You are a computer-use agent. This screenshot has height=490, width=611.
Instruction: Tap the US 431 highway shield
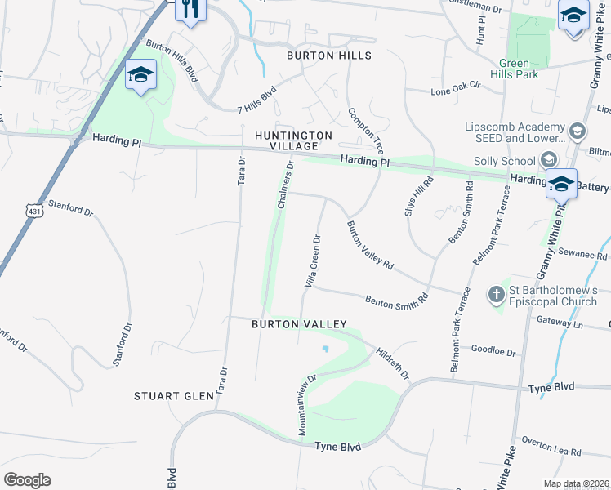(x=34, y=212)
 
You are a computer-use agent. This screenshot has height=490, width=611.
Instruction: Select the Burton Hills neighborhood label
(x=328, y=56)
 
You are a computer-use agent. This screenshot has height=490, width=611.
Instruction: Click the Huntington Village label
(x=293, y=140)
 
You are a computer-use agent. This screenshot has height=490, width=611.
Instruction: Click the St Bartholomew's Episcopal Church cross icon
(x=495, y=294)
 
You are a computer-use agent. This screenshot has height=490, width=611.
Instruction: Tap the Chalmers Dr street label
(x=285, y=185)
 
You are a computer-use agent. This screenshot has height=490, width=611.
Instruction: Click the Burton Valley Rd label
(x=370, y=246)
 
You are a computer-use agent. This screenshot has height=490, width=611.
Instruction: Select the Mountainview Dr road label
(x=308, y=405)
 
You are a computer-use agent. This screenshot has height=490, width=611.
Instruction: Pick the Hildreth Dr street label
(x=391, y=364)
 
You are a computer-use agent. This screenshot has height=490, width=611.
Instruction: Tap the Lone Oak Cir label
(x=454, y=91)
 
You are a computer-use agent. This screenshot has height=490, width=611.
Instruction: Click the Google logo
(x=27, y=480)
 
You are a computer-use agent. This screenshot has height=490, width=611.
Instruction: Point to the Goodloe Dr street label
(x=494, y=353)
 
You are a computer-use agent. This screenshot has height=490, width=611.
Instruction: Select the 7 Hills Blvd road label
(x=257, y=98)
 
